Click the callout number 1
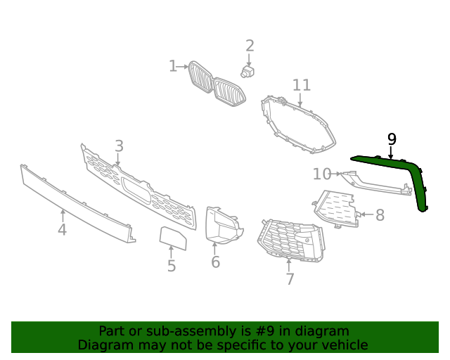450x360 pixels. (x=173, y=66)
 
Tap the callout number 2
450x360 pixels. (x=250, y=46)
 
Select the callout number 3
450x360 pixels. (x=119, y=146)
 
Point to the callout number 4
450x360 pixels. (x=62, y=230)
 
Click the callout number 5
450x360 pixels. (x=171, y=266)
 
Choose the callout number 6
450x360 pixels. (x=215, y=262)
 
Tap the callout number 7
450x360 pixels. (x=290, y=279)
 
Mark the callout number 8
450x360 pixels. (x=380, y=215)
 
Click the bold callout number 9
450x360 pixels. (x=392, y=139)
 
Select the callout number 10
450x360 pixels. (x=321, y=174)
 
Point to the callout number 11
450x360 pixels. (x=301, y=86)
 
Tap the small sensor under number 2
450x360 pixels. (x=247, y=71)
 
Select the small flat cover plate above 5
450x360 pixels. (x=172, y=239)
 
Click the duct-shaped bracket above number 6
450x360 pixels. (x=221, y=225)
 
